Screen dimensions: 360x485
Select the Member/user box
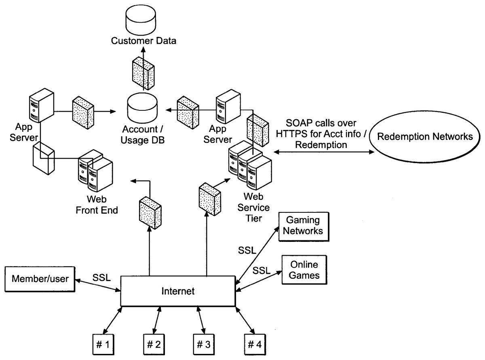tap(39, 279)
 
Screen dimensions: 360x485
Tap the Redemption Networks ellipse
tap(424, 136)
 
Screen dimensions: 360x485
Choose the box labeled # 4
tap(255, 345)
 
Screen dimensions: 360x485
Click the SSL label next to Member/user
tap(101, 278)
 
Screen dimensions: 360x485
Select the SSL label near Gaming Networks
tap(247, 250)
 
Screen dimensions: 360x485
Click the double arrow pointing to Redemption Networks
tap(323, 152)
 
